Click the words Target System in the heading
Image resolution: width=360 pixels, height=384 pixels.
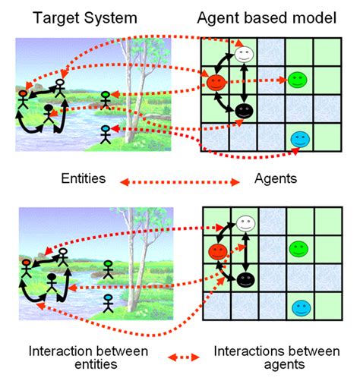coord(86,17)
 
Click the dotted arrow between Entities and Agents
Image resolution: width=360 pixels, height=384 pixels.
coord(178,180)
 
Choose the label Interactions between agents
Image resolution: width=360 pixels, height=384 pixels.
coord(270,357)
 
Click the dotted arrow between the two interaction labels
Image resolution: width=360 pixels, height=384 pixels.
coord(179,354)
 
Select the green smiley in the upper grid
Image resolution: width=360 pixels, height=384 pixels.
coord(297,79)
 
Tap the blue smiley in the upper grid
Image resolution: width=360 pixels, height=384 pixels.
coord(299,139)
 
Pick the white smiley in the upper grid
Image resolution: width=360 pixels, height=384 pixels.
coord(243,54)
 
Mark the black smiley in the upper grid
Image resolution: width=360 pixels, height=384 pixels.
coord(244,111)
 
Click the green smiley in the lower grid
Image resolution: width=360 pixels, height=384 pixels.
coord(297,247)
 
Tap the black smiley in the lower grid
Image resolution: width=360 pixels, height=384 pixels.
coord(244,279)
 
